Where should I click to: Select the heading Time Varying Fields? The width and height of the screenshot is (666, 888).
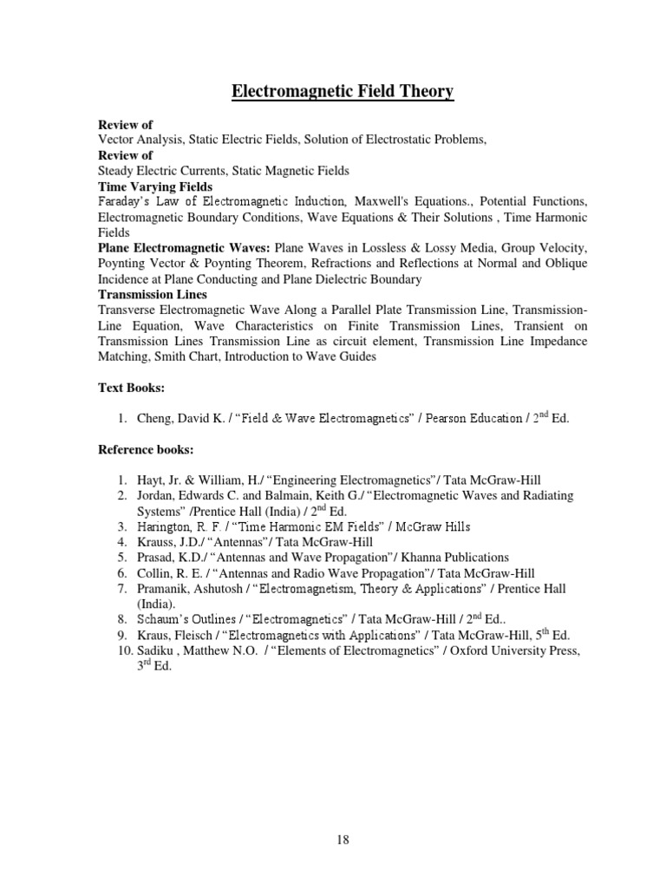155,186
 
